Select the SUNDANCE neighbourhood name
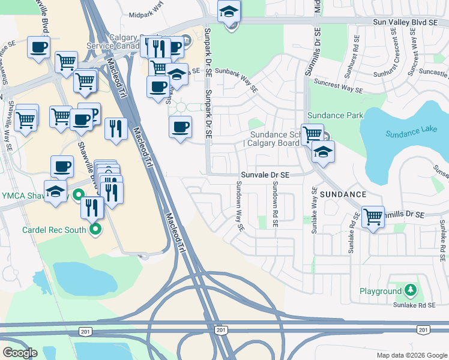[343, 194]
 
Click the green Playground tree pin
[411, 291]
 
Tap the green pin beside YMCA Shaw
[77, 195]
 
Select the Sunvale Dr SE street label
[265, 175]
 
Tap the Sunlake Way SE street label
[314, 210]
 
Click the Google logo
[20, 353]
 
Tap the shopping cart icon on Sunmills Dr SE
[373, 216]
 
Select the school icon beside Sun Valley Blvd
[229, 12]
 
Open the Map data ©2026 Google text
[411, 354]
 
